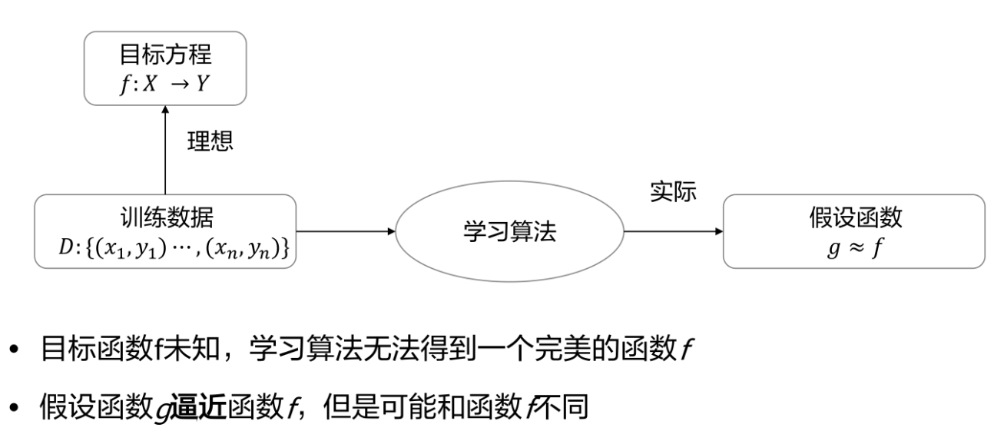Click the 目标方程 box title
point(165,55)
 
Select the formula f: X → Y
point(165,84)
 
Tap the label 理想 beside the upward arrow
point(210,141)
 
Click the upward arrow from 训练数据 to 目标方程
point(165,150)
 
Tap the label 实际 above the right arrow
point(673,193)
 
